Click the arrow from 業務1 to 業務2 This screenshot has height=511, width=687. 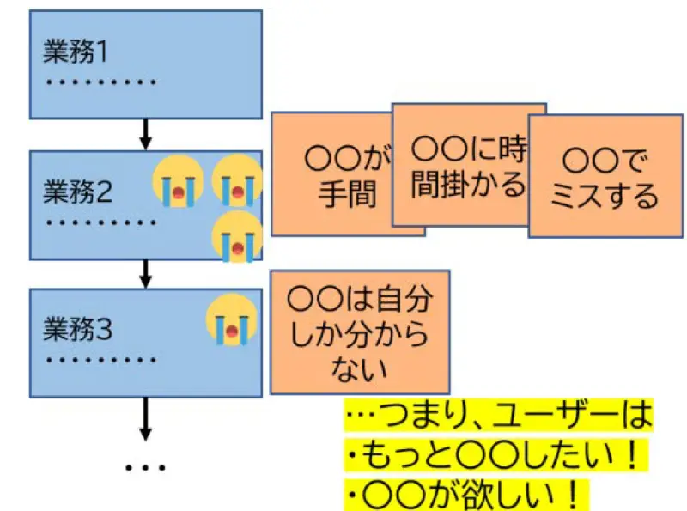(x=145, y=134)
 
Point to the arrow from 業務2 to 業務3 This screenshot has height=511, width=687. (x=145, y=272)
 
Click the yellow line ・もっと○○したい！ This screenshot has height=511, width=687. (x=493, y=456)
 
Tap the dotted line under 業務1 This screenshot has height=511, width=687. (x=100, y=83)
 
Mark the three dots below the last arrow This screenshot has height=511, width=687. (x=145, y=469)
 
